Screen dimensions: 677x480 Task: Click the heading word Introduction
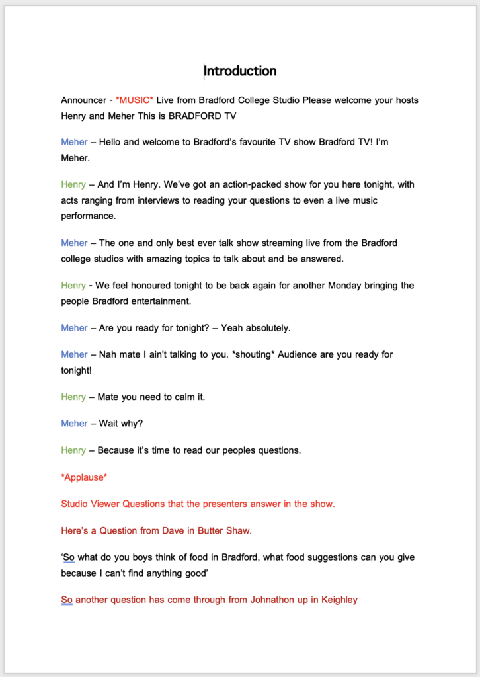tap(240, 71)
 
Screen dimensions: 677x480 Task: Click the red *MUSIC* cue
tap(134, 100)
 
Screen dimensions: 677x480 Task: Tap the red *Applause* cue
tap(84, 477)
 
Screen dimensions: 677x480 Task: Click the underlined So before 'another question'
tap(67, 600)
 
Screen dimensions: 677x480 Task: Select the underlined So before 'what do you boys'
tap(68, 557)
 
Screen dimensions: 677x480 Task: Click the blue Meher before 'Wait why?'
tap(74, 423)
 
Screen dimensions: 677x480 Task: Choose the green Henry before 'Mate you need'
tap(73, 397)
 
